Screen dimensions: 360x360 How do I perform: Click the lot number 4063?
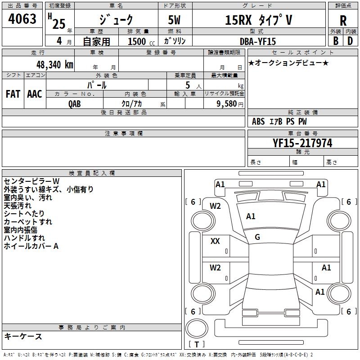(x=22, y=18)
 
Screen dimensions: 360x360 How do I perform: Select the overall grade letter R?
(x=343, y=21)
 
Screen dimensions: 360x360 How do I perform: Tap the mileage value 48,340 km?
(x=54, y=65)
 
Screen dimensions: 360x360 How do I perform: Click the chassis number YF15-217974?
(x=302, y=143)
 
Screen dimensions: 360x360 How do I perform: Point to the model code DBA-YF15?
(x=257, y=41)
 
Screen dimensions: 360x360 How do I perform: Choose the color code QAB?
(x=75, y=104)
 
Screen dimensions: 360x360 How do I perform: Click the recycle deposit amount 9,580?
(x=227, y=104)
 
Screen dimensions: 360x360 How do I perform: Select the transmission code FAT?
(x=13, y=94)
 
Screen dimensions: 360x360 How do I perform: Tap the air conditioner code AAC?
(x=35, y=94)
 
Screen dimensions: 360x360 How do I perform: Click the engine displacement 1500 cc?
(x=141, y=41)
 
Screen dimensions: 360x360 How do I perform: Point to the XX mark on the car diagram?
(x=215, y=241)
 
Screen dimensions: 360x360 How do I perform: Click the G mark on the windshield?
(x=257, y=237)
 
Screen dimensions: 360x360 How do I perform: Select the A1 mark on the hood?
(x=251, y=216)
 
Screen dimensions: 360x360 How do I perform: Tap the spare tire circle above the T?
(x=197, y=328)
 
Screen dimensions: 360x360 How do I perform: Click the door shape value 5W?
(x=174, y=20)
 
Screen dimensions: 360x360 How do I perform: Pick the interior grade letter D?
(x=350, y=41)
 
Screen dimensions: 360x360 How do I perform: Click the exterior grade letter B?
(x=336, y=41)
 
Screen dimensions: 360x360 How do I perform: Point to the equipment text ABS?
(x=258, y=121)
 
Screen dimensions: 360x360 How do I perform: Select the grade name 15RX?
(x=238, y=20)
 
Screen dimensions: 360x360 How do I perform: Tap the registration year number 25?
(x=59, y=24)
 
